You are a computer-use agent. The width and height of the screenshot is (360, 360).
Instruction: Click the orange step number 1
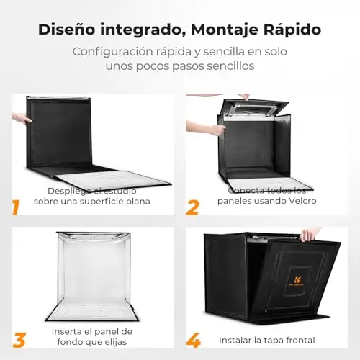pos(16,207)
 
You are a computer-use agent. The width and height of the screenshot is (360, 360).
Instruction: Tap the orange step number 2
pos(192,207)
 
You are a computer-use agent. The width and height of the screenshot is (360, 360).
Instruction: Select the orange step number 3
pos(19,340)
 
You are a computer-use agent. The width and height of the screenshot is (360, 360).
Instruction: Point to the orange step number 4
pos(194,340)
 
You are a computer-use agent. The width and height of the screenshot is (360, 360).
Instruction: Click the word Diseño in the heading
pos(67,30)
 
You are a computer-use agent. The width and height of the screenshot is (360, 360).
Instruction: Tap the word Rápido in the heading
pos(292,30)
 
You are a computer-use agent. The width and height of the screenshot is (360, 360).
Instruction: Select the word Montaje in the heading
pos(225,30)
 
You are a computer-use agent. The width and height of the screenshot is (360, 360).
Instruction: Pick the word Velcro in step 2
pos(302,201)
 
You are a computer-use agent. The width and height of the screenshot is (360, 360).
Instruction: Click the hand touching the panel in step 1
pos(22,118)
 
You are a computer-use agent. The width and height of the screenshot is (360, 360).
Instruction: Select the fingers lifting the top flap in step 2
pos(245,96)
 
